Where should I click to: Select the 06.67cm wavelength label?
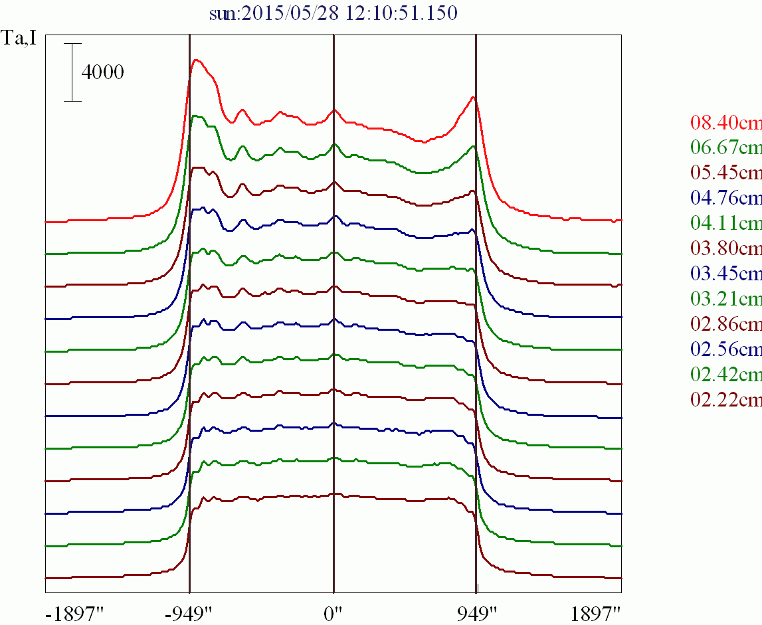726,148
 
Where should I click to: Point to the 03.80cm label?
726,248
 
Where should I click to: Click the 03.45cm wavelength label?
726,274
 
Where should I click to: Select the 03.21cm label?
726,299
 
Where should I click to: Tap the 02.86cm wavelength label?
726,324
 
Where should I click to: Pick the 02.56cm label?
726,349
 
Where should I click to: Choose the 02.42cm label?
726,375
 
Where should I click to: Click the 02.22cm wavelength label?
726,400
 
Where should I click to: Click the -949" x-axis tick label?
189,612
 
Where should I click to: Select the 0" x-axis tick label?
333,612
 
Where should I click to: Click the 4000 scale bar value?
102,72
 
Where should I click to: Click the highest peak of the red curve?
196,60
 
